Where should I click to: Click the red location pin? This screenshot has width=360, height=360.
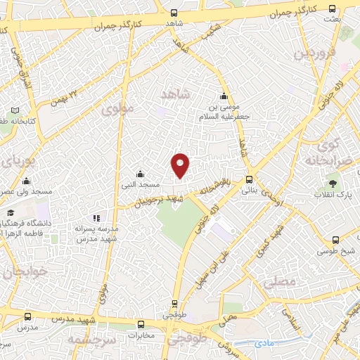click(x=181, y=165)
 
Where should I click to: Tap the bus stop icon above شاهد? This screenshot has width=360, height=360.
click(x=174, y=12)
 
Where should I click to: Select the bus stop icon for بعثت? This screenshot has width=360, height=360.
click(x=333, y=9)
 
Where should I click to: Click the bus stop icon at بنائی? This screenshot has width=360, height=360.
click(x=250, y=179)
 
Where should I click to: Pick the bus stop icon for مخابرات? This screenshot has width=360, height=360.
click(x=142, y=325)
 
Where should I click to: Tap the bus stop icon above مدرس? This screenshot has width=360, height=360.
click(x=28, y=317)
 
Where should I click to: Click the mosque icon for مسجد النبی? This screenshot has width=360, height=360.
click(x=140, y=174)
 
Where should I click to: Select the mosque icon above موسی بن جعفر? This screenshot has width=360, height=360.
click(x=224, y=96)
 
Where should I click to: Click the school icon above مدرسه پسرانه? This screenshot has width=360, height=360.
click(x=96, y=219)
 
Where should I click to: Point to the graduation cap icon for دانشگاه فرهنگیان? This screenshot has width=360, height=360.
click(x=11, y=212)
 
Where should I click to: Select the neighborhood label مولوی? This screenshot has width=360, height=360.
click(x=117, y=109)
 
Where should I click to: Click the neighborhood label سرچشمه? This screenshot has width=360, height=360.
click(x=90, y=341)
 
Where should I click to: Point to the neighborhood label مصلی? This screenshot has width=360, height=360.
click(x=280, y=282)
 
